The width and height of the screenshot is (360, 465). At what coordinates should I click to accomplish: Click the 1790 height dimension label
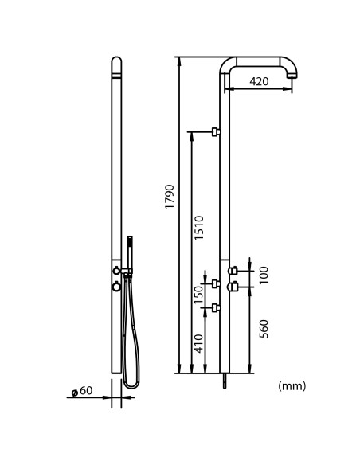click(x=170, y=197)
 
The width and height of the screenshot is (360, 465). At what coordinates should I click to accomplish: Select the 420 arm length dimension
click(x=259, y=81)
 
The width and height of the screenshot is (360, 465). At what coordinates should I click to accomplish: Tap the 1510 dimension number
click(x=198, y=228)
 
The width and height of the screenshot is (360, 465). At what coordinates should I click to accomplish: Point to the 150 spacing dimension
click(x=198, y=295)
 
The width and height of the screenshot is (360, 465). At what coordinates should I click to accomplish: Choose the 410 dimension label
click(x=198, y=344)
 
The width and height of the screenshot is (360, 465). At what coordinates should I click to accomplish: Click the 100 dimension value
click(x=264, y=275)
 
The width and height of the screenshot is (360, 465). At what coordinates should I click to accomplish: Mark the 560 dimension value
click(x=264, y=329)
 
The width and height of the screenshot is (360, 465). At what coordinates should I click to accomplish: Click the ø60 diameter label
click(x=82, y=391)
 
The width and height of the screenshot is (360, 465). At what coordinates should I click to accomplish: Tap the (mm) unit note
click(x=292, y=386)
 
